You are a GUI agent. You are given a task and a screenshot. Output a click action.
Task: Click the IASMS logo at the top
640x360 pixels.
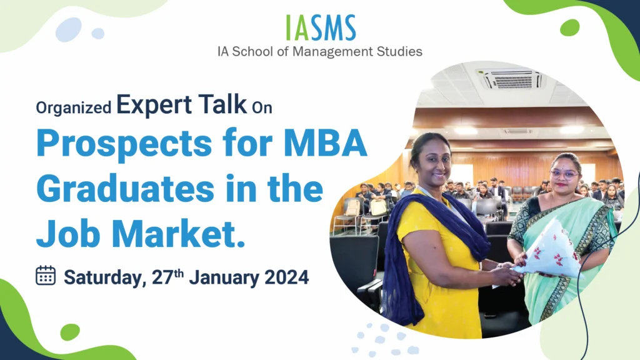321,27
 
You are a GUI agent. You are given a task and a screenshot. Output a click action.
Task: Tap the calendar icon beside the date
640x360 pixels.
46,275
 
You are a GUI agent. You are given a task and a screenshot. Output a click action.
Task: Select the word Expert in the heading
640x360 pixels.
154,105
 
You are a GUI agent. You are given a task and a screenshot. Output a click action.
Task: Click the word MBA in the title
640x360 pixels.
325,142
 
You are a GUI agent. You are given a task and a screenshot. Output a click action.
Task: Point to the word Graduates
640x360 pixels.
125,189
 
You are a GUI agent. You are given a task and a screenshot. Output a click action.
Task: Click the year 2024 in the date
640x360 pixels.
286,277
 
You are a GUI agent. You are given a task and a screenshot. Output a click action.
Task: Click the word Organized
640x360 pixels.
74,107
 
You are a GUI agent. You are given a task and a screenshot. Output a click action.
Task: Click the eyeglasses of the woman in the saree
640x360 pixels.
564,174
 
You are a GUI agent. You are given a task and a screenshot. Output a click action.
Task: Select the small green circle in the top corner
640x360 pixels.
570,27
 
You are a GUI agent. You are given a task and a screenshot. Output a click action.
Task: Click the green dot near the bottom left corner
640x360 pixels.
70,332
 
